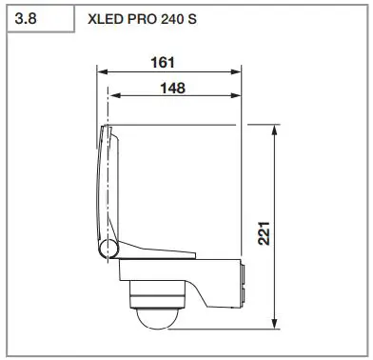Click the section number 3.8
pyautogui.click(x=25, y=19)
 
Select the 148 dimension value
pyautogui.click(x=171, y=87)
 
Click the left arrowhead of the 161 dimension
pyautogui.click(x=104, y=72)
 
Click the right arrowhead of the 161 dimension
pyautogui.click(x=241, y=72)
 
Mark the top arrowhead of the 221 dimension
pyautogui.click(x=275, y=129)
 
